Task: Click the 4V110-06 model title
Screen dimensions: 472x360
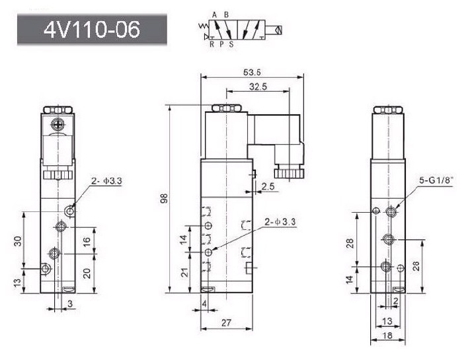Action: click(92, 30)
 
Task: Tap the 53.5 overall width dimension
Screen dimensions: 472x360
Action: click(252, 73)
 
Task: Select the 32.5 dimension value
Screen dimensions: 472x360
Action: click(258, 87)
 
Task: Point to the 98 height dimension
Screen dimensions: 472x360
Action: click(164, 199)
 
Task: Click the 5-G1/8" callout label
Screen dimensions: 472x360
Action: click(436, 180)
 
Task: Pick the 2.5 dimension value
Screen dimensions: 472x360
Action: click(268, 187)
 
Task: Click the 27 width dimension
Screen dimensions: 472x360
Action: click(226, 323)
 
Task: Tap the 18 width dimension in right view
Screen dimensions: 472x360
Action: click(388, 335)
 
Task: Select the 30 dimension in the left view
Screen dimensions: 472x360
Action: click(18, 241)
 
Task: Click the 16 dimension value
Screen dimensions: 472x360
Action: click(87, 242)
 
